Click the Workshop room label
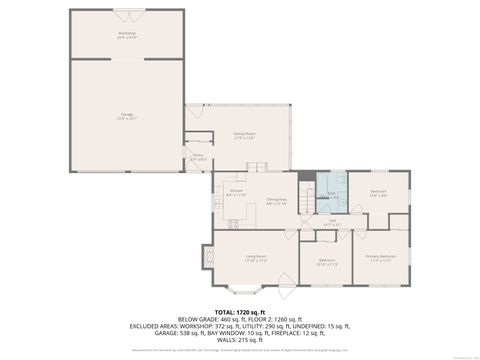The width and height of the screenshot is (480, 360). [127, 35]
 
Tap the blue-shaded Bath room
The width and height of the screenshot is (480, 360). [330, 195]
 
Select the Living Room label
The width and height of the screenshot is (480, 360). [256, 258]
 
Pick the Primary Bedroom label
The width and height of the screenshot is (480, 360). [380, 258]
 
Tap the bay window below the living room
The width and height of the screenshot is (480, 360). [244, 290]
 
